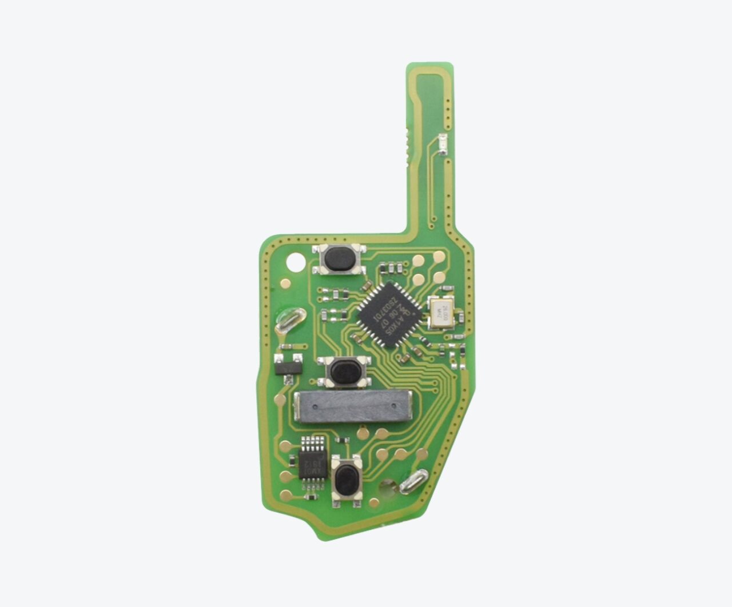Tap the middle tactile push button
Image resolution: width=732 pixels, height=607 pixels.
point(344,372)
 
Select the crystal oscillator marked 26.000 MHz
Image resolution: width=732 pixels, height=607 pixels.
point(440,313)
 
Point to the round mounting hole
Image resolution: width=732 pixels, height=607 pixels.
point(296,262)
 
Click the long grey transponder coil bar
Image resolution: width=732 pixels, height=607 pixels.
point(354,407)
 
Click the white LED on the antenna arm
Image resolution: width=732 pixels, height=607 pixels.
point(441,144)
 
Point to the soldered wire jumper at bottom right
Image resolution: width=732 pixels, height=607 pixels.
point(414,482)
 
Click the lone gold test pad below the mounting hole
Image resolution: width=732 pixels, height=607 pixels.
point(284,282)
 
